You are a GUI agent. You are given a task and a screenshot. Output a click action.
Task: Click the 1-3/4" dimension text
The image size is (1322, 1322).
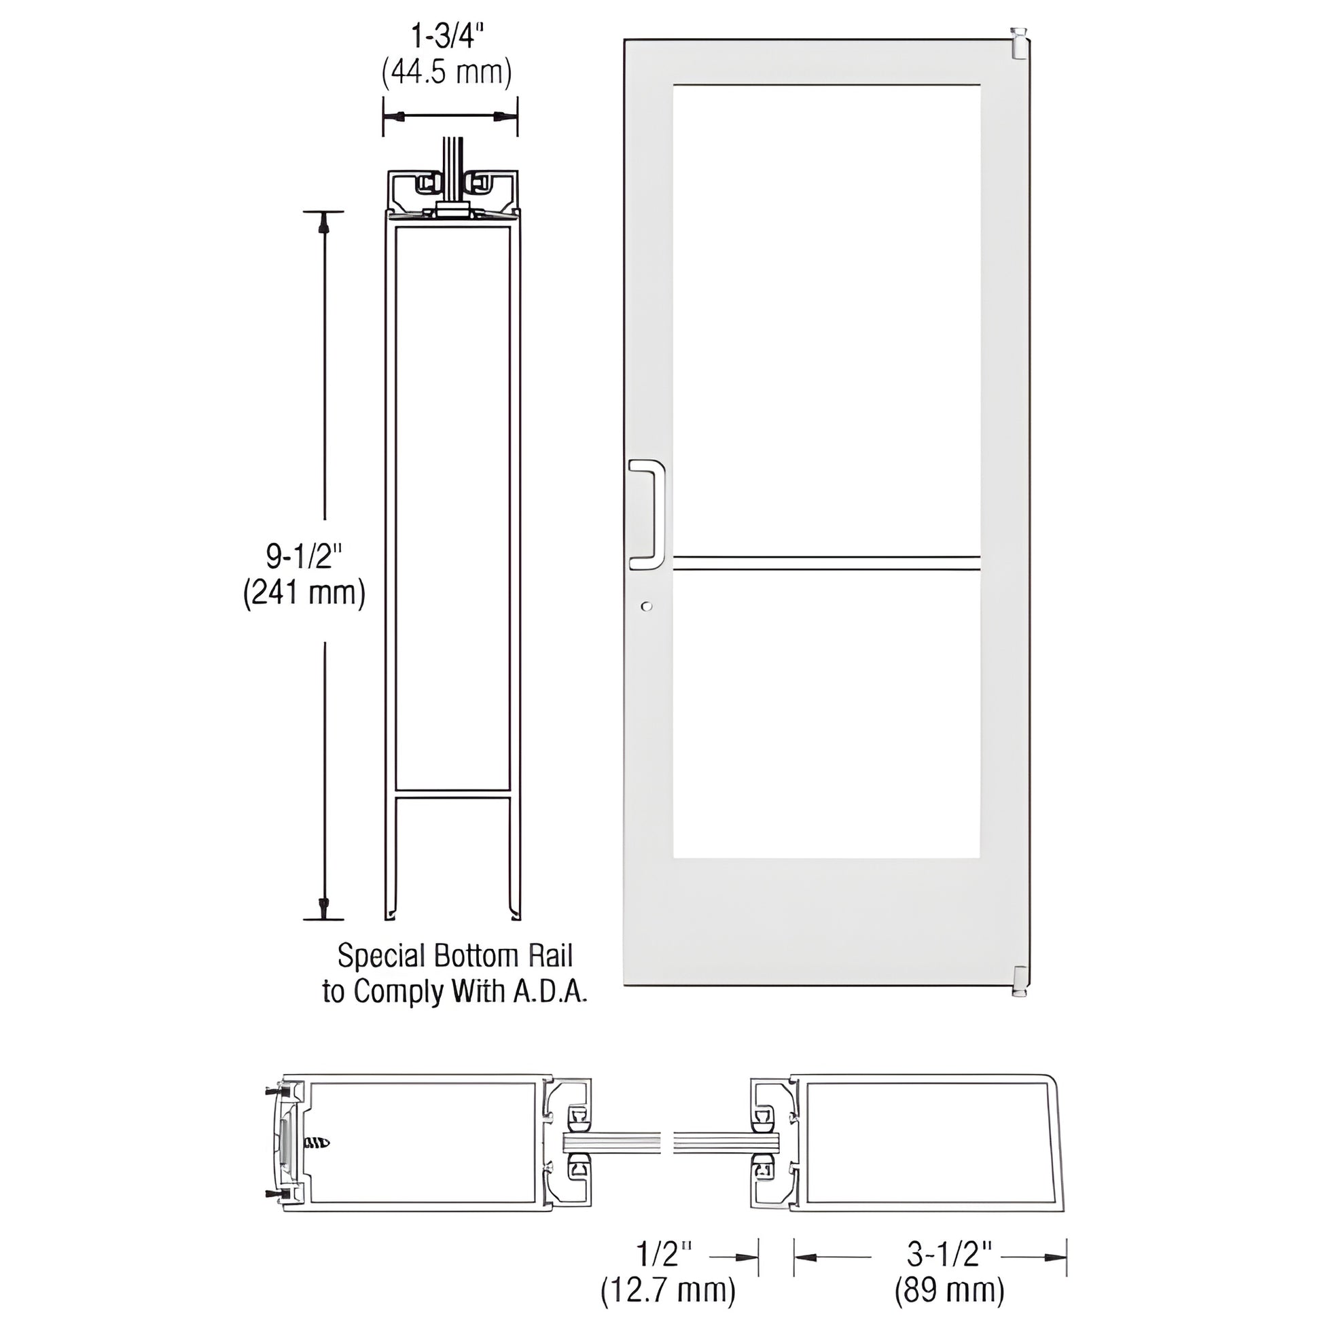click(x=448, y=36)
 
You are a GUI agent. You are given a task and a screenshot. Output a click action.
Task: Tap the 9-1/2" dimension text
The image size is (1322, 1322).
click(x=304, y=557)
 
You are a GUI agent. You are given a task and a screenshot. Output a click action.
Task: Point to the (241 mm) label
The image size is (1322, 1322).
click(x=304, y=593)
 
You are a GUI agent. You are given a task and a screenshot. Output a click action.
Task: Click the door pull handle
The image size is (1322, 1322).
click(x=647, y=514)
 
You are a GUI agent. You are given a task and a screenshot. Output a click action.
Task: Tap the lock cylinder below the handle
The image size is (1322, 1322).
click(x=647, y=606)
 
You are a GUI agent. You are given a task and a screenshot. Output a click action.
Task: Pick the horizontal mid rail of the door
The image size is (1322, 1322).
click(x=827, y=563)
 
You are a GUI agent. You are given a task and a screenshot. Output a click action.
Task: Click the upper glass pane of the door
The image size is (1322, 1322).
click(x=827, y=318)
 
